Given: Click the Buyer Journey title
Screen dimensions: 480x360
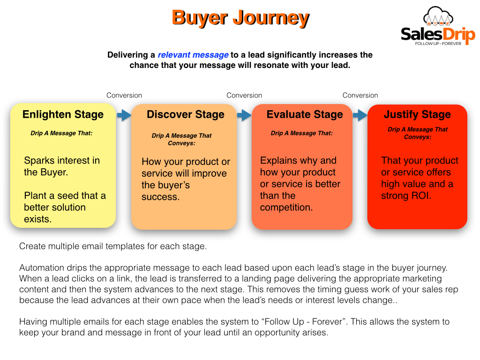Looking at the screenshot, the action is tap(240, 18).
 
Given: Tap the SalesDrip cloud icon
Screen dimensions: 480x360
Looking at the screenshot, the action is tap(438, 16).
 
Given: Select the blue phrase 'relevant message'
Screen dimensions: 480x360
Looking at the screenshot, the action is tap(193, 55).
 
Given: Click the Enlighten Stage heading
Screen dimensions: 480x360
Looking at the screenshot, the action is tap(63, 114).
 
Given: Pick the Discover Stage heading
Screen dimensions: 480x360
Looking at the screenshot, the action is tap(186, 114).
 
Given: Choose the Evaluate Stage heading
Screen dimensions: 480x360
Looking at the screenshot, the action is tap(305, 114).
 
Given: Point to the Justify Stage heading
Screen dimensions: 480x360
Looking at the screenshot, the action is tap(417, 114).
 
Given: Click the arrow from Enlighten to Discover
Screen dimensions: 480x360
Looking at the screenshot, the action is tap(124, 115).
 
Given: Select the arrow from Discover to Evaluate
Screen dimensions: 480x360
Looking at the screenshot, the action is tap(244, 115).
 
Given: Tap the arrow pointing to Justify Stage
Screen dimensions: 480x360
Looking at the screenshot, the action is tap(360, 115).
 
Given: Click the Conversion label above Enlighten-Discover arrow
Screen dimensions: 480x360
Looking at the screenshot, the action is tap(124, 96).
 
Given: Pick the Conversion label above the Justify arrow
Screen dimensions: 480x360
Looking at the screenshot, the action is tap(360, 96).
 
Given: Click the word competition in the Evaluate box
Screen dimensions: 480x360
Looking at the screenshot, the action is tap(286, 208).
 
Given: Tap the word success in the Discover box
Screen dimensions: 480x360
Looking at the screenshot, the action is tap(160, 197).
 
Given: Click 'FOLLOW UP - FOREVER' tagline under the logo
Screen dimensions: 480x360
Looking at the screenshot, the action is tap(438, 44).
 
